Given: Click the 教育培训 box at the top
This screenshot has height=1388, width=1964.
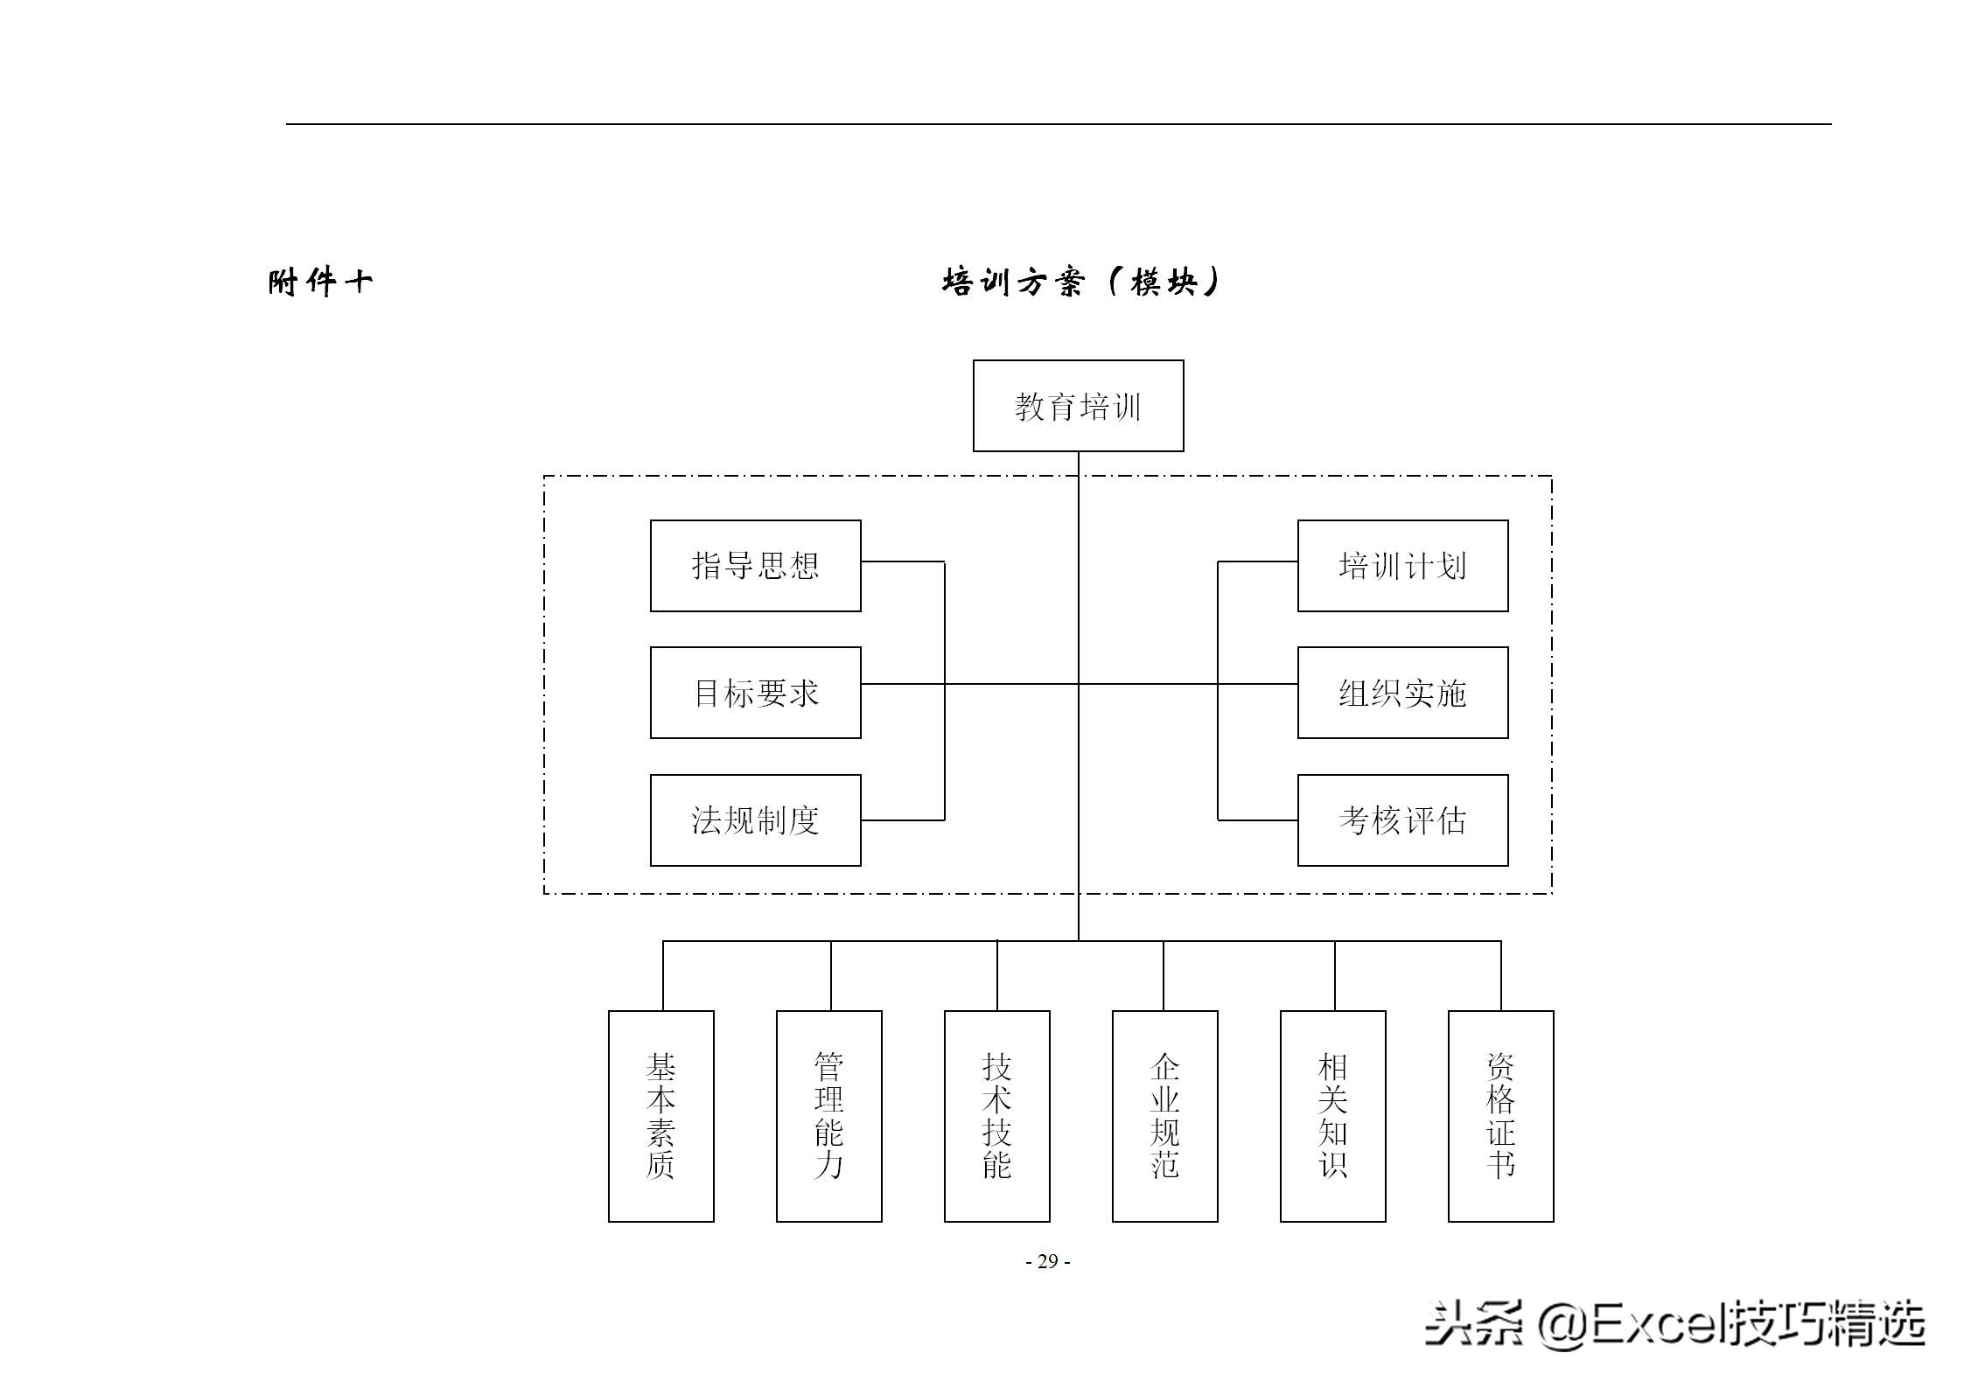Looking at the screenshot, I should pyautogui.click(x=1078, y=406).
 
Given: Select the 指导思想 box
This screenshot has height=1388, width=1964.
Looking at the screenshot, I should pyautogui.click(x=755, y=566).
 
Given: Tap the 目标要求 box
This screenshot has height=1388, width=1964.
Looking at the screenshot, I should pyautogui.click(x=755, y=693).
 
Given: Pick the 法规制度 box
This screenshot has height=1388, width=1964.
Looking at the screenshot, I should pyautogui.click(x=755, y=820).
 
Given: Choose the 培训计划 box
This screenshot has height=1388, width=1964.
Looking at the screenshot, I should pyautogui.click(x=1402, y=566).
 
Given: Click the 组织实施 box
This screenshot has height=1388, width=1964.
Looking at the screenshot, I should pyautogui.click(x=1402, y=693).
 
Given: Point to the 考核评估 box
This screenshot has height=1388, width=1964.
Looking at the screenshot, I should pyautogui.click(x=1402, y=820).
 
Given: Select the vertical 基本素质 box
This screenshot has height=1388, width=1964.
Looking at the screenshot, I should pyautogui.click(x=660, y=1116).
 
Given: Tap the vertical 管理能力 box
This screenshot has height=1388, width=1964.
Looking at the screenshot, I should pyautogui.click(x=828, y=1116).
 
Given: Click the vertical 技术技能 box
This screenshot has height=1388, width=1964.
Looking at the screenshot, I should pyautogui.click(x=996, y=1116).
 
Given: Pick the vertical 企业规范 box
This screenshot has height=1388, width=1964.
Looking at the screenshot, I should pyautogui.click(x=1164, y=1116).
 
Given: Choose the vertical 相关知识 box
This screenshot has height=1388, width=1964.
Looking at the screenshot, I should pyautogui.click(x=1332, y=1116).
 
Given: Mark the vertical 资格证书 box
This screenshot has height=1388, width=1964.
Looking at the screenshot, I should pyautogui.click(x=1500, y=1116).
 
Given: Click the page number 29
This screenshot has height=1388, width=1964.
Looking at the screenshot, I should pyautogui.click(x=1048, y=1261).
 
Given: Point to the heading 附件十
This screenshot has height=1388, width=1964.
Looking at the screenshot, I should pyautogui.click(x=320, y=282).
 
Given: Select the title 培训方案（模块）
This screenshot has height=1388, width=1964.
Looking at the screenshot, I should pyautogui.click(x=1081, y=282).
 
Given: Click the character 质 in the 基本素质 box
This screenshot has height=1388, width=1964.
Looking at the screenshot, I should pyautogui.click(x=660, y=1166).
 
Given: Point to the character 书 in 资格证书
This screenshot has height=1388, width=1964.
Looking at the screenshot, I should pyautogui.click(x=1500, y=1166).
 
